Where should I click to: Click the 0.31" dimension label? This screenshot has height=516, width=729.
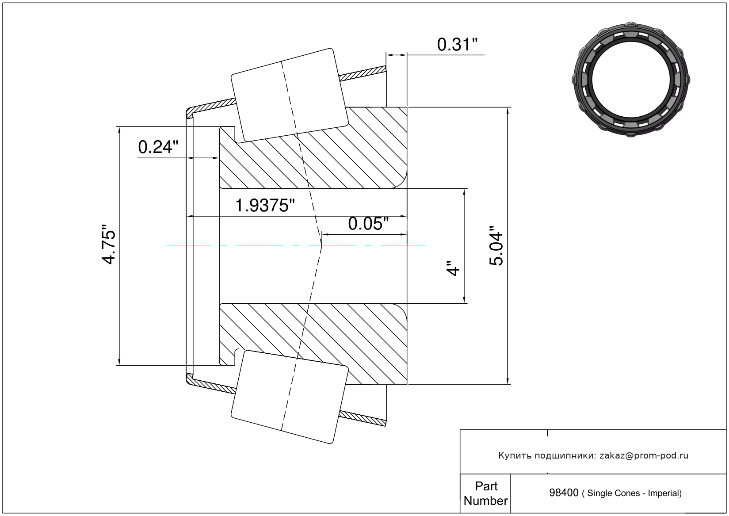(x=457, y=45)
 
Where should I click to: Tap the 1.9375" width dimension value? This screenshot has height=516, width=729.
(x=265, y=206)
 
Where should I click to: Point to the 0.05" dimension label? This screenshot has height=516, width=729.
(x=368, y=224)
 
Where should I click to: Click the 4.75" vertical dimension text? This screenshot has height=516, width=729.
(x=109, y=244)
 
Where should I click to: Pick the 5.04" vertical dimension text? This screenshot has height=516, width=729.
(x=496, y=246)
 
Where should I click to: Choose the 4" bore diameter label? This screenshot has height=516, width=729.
(x=453, y=268)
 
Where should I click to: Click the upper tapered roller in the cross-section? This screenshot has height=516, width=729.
(x=290, y=96)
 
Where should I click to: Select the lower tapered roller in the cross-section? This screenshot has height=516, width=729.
(x=290, y=397)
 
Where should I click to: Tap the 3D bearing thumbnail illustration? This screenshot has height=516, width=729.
(x=631, y=80)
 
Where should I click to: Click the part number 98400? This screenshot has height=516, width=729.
(x=564, y=493)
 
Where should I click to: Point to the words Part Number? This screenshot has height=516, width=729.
(x=486, y=493)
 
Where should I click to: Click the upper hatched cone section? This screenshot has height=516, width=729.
(x=313, y=148)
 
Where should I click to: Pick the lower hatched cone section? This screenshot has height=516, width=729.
(x=313, y=344)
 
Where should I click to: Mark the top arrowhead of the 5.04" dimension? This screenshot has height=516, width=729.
(x=508, y=111)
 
